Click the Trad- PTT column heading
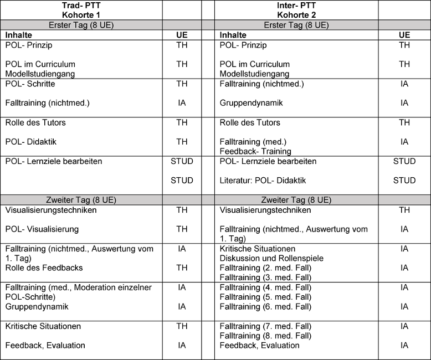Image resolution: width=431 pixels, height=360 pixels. coord(81,5)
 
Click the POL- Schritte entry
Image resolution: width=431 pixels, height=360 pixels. coord(30,84)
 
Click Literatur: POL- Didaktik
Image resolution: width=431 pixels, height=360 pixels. coord(263,181)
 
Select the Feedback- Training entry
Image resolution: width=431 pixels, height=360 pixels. coord(255,151)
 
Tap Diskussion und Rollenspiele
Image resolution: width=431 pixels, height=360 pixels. coord(271,258)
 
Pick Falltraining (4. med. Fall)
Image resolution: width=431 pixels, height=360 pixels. coord(266,287)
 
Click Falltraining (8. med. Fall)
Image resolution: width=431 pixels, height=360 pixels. coord(266,336)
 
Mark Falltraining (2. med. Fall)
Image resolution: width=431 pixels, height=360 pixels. coord(266,268)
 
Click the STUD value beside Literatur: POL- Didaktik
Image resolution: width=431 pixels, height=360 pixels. coord(404,181)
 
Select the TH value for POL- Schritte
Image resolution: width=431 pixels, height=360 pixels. coord(182,84)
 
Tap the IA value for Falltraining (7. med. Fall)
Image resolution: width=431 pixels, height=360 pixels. coord(404,326)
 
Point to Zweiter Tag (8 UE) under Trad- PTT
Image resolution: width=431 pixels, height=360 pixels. coord(81,200)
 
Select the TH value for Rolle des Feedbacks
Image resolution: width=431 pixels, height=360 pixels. coord(182,268)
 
